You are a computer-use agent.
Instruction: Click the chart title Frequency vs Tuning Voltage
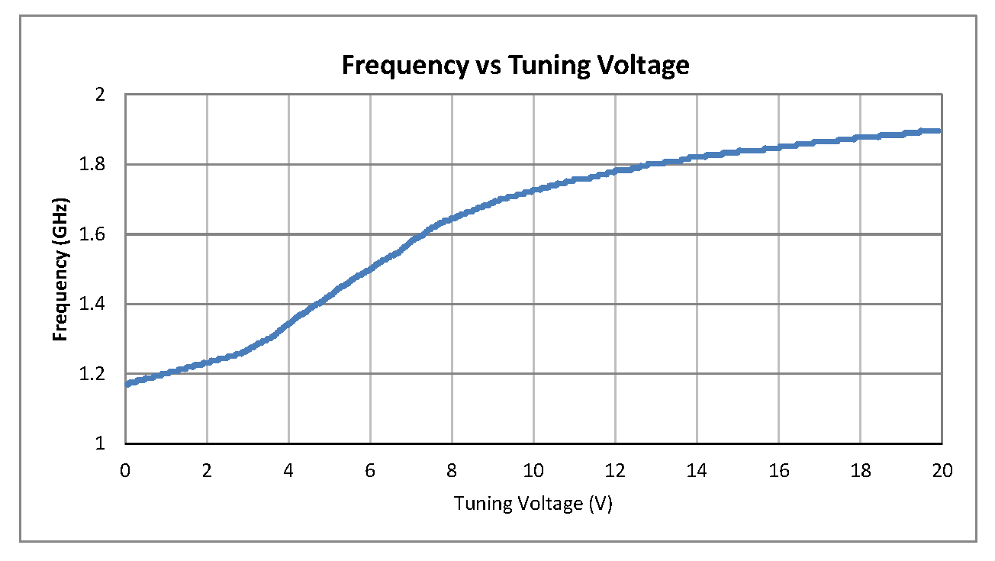click(x=515, y=66)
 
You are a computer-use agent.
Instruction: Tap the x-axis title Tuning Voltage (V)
click(x=533, y=505)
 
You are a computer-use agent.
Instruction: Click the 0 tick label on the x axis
click(x=125, y=471)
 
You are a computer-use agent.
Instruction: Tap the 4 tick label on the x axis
click(x=288, y=471)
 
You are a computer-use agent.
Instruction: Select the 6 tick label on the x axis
click(x=370, y=471)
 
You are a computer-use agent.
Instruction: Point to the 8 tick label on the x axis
click(x=452, y=471)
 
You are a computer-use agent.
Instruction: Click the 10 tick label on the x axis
click(x=533, y=471)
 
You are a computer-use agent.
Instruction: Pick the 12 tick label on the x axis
click(x=615, y=471)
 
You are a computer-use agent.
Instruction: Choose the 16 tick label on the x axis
click(x=778, y=471)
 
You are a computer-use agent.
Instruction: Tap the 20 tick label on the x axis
click(x=942, y=471)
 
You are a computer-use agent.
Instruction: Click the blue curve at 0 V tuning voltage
click(x=127, y=383)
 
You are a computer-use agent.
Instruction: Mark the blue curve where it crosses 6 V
click(x=370, y=269)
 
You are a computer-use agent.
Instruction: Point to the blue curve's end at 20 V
click(x=940, y=131)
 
